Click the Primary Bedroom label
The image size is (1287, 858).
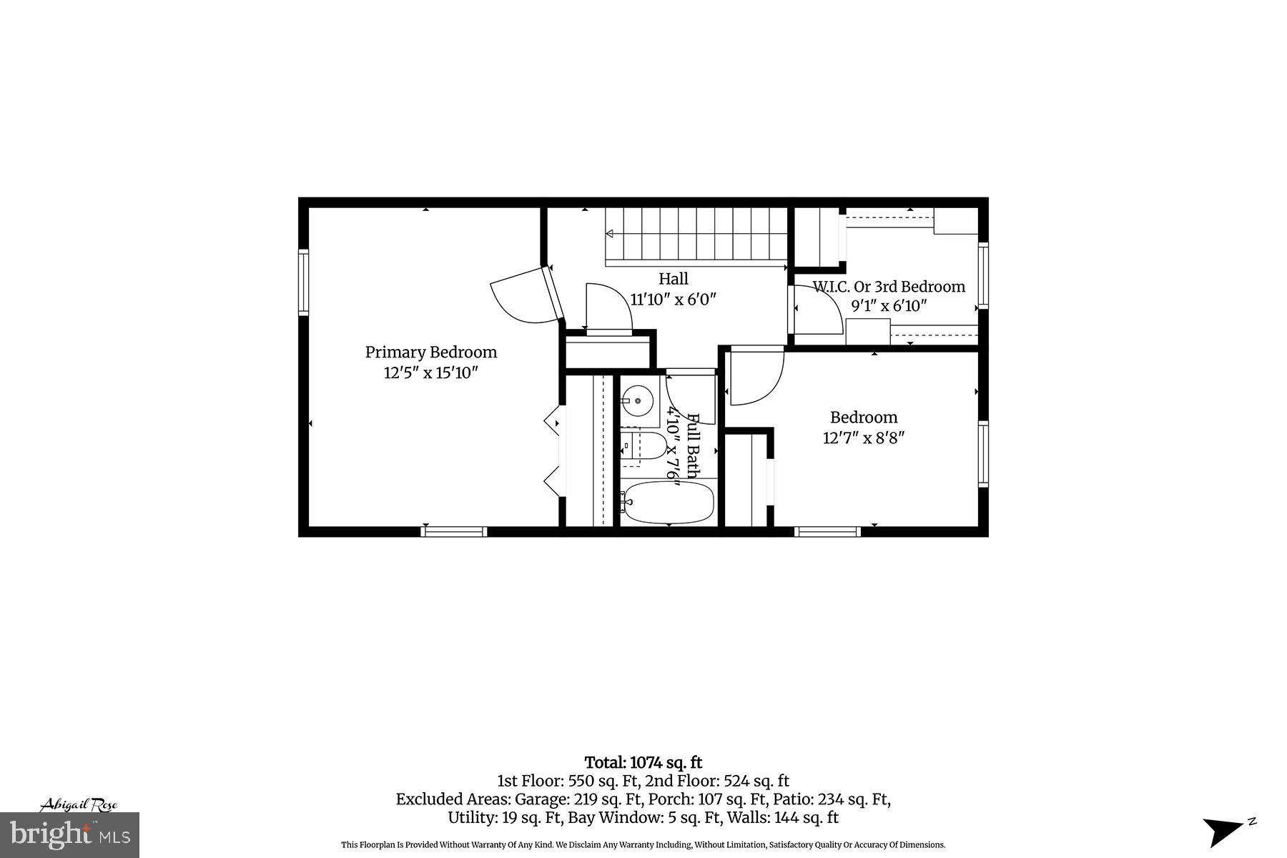430,352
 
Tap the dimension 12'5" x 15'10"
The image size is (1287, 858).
430,373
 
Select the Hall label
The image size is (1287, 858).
673,279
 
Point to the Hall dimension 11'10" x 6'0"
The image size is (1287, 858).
673,299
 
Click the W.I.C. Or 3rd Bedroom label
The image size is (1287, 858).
889,287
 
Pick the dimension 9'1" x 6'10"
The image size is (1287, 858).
889,306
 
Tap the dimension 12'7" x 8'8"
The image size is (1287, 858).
864,438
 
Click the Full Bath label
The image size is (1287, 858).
693,445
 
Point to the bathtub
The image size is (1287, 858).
668,503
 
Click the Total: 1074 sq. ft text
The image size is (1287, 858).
643,763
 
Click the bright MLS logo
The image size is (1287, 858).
70,835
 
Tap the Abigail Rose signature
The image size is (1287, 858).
78,805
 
